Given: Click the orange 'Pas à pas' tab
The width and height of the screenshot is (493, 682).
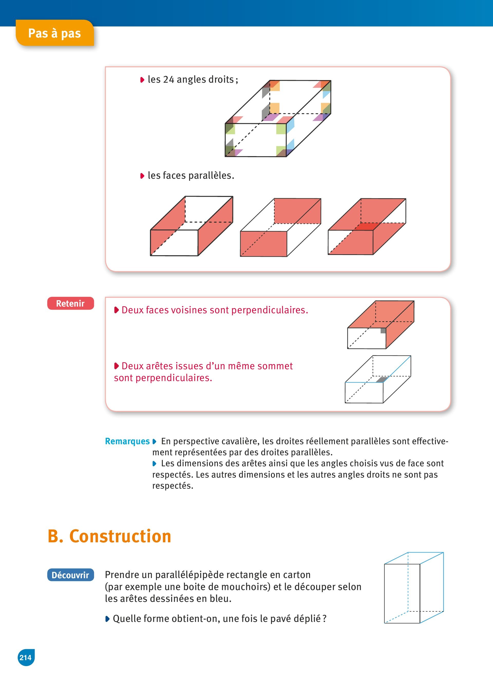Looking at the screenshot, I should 54,33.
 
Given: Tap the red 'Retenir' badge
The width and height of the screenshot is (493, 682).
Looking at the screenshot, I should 70,304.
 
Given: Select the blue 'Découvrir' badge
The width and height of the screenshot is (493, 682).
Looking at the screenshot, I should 70,575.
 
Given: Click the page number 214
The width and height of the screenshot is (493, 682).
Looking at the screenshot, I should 26,657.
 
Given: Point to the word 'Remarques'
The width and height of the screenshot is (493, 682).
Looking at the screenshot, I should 127,441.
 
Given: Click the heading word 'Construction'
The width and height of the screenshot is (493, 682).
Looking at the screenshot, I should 120,536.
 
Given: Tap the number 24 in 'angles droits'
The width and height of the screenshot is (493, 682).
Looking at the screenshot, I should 169,79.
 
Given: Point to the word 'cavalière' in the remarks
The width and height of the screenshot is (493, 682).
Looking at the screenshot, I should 238,441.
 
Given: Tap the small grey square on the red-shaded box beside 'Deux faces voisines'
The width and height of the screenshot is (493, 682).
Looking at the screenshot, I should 383,331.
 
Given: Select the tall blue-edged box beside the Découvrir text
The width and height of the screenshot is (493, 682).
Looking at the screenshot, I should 414,588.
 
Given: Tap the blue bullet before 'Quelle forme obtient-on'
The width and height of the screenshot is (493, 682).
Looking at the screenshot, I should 107,619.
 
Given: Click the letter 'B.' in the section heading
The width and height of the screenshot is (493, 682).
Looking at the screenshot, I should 55,536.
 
